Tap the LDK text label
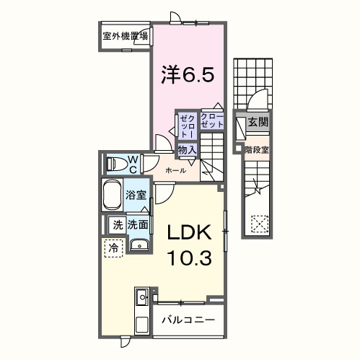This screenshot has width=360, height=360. [x=188, y=232]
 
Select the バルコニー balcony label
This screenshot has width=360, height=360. [x=188, y=319]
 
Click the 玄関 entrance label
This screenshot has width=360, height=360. [x=258, y=123]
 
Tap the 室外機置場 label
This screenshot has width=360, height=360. [x=124, y=35]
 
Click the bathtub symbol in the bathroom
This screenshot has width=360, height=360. [x=113, y=196]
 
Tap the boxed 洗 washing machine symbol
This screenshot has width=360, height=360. [x=117, y=224]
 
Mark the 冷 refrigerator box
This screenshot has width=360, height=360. [x=113, y=247]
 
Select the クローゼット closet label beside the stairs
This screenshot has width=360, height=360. [x=211, y=120]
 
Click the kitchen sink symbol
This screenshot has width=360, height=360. [x=141, y=297]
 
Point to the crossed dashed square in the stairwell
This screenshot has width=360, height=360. [x=258, y=224]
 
